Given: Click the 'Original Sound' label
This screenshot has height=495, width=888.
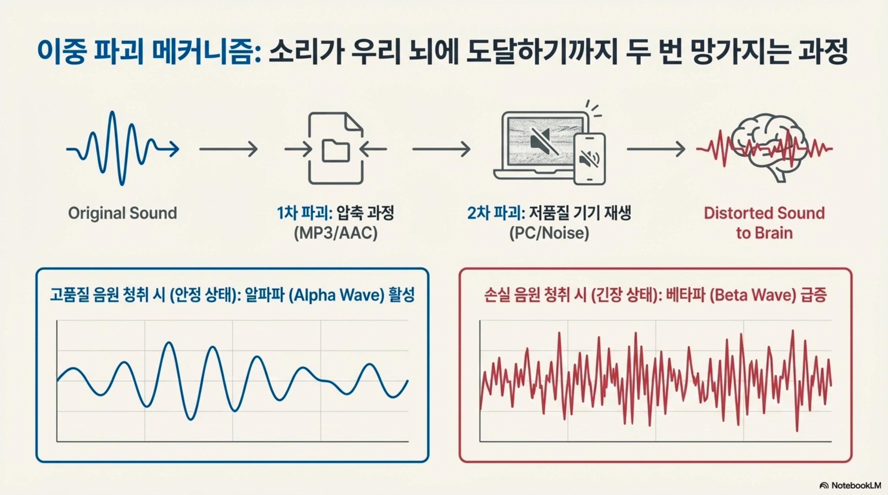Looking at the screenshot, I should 122,213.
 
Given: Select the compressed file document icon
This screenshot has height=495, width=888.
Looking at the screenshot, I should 336,148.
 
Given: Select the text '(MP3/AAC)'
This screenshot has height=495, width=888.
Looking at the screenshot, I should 335,233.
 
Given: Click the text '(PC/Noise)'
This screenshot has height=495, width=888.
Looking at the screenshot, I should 549,233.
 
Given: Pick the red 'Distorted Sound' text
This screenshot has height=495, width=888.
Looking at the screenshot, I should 764,213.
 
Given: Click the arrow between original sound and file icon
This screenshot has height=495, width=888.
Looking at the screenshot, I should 228,149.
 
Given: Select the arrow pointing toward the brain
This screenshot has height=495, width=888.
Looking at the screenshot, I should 656,149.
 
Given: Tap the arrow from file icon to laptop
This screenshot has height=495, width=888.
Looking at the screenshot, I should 441,149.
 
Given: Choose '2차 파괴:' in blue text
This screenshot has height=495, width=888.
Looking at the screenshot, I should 496,213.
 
